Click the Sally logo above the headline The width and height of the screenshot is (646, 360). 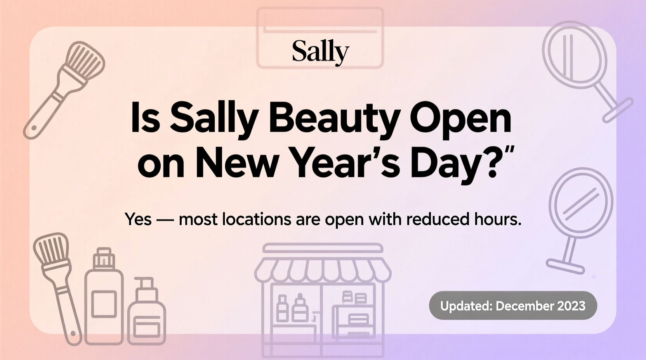pos(320,52)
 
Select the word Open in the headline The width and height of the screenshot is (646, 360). pos(460,118)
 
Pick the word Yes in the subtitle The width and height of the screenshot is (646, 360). pos(138,219)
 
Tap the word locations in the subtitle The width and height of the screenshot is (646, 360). pos(256,219)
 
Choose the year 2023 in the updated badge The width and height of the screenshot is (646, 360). pos(571,306)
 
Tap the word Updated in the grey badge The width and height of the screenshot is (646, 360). pos(466,306)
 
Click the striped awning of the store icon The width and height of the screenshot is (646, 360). pos(323,269)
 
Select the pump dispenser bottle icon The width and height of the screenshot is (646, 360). pos(146,314)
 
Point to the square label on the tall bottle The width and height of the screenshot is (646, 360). pos(104,303)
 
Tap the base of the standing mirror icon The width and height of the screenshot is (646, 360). pos(565,266)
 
